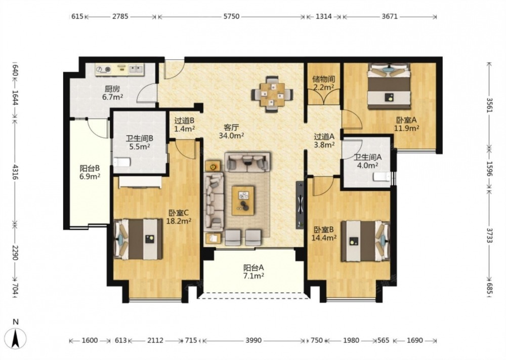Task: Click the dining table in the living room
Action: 272,94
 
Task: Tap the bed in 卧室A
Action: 390,85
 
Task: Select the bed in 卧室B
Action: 366,241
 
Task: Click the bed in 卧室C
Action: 138,239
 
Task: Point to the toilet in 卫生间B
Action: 121,162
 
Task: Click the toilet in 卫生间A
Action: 382,177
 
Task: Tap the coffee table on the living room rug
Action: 243,200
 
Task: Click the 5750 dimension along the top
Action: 231,16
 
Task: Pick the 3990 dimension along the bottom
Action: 254,340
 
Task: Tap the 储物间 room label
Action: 323,79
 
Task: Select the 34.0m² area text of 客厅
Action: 231,136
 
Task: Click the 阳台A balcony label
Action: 254,268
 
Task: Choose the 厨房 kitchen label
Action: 112,89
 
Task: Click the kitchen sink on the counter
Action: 136,69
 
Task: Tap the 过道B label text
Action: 184,121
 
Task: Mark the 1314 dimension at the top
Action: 323,16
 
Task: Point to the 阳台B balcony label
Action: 90,168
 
